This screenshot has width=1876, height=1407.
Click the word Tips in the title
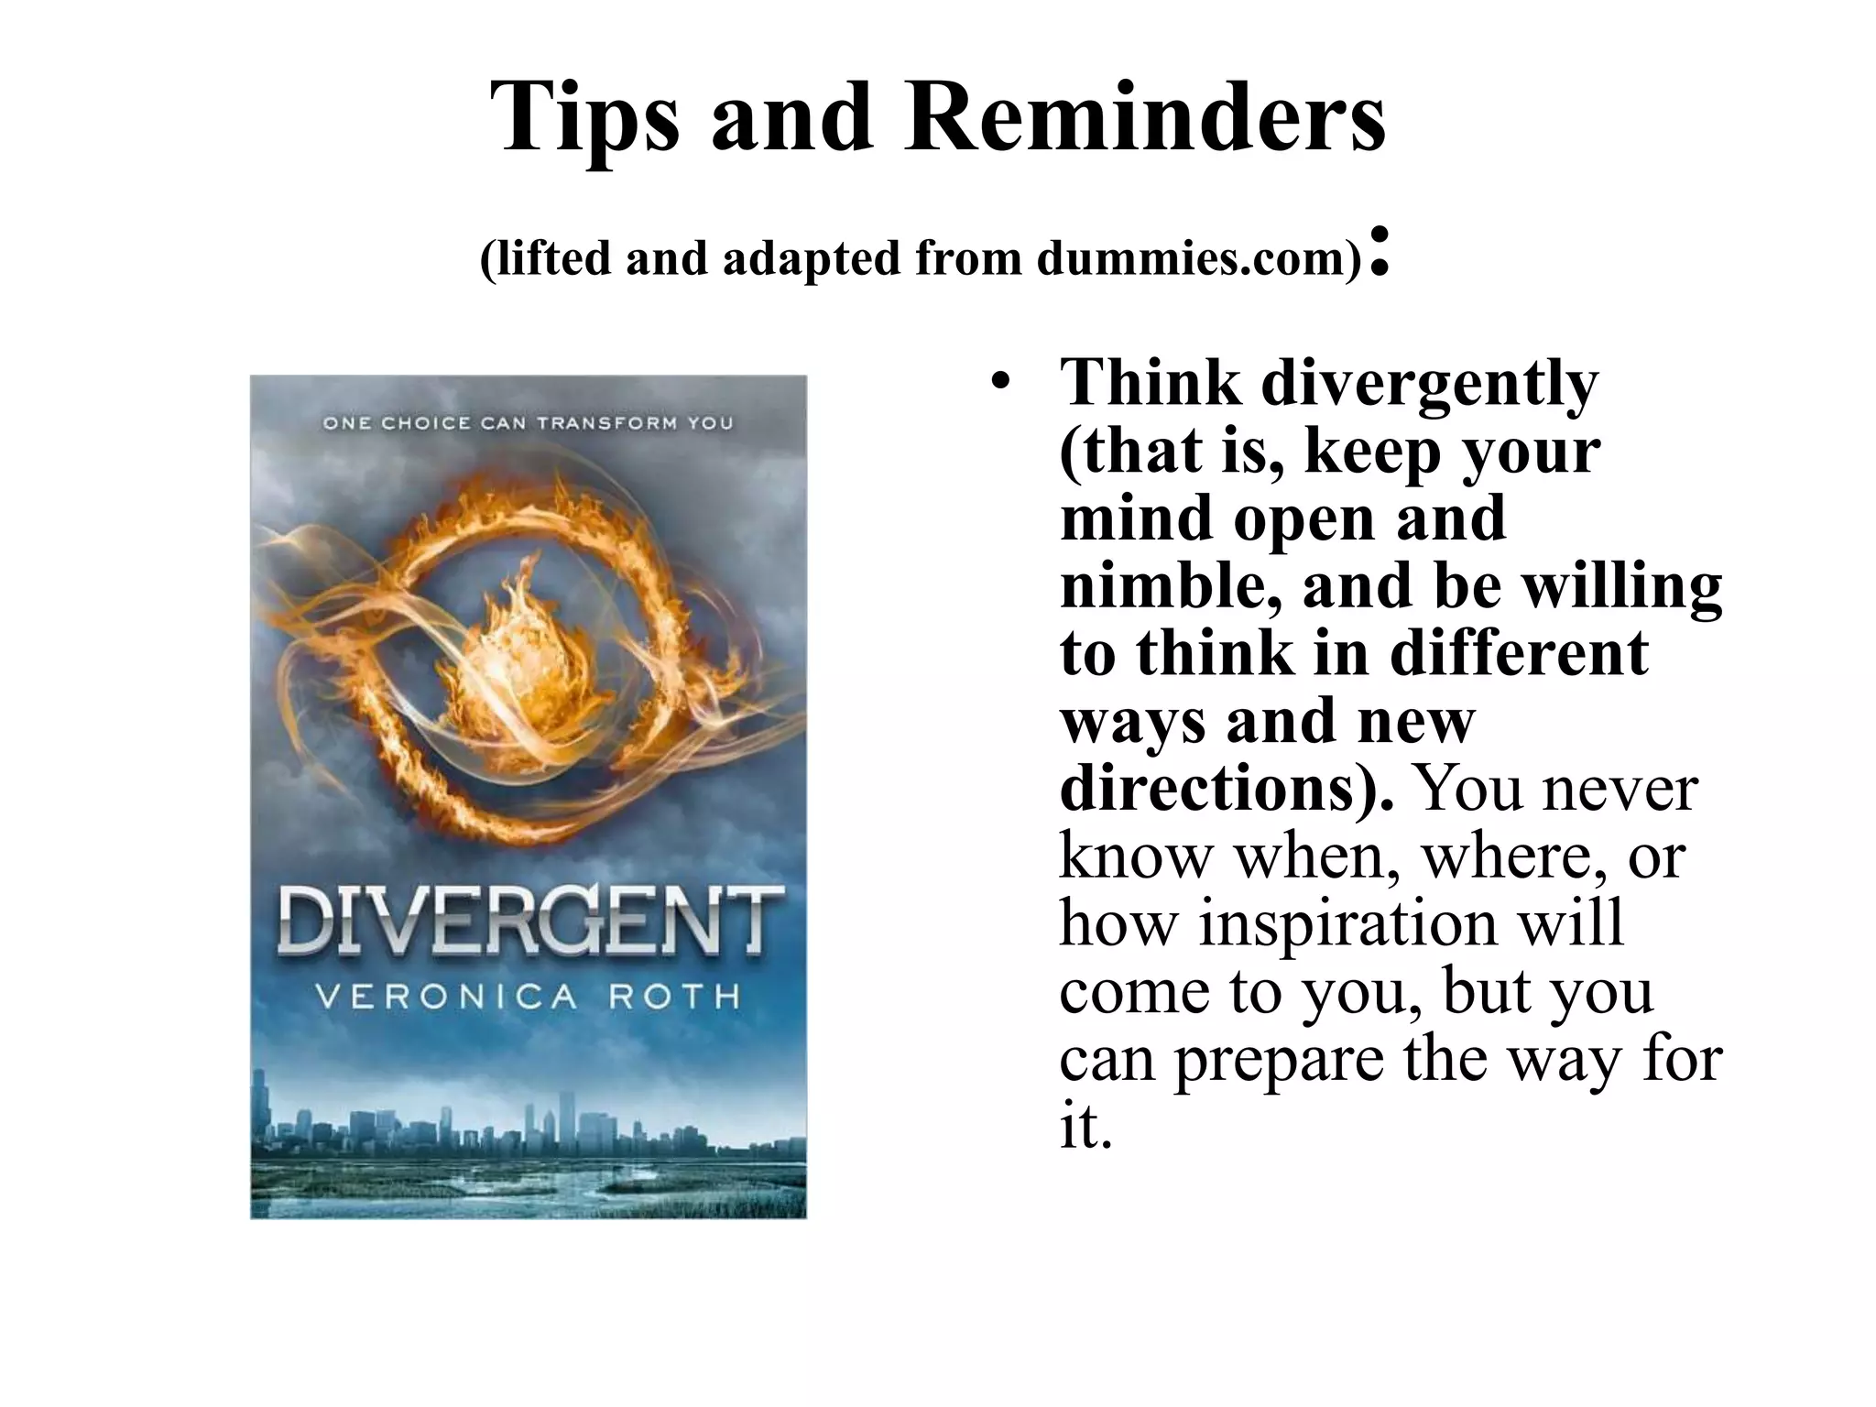pos(585,117)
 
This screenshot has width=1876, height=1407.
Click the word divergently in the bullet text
pos(1429,385)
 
